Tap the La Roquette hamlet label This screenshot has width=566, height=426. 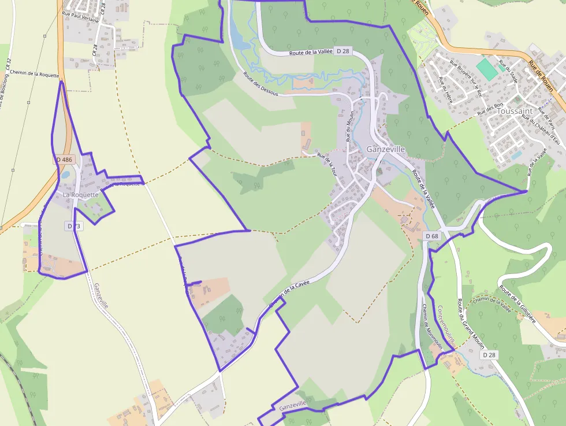coord(80,195)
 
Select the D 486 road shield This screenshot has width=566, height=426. coord(65,159)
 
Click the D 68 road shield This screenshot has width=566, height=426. coord(432,236)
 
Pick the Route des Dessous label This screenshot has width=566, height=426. coord(260,84)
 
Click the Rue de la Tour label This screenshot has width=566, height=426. coord(326,163)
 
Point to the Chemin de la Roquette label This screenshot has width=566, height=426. coord(34,74)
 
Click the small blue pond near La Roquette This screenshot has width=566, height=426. coord(65,174)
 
